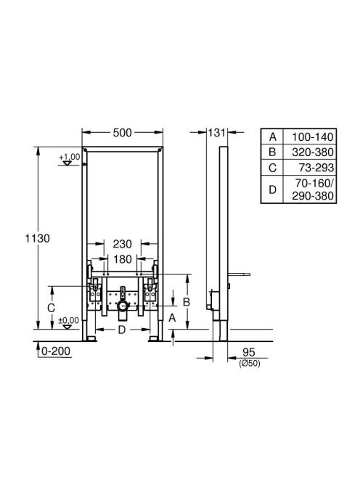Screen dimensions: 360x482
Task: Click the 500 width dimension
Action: point(123,133)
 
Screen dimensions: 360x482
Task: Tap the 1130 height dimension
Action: point(37,238)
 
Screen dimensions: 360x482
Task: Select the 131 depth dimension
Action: point(217,133)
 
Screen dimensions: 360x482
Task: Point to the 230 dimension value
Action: point(123,244)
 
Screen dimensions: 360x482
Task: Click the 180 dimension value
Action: point(123,259)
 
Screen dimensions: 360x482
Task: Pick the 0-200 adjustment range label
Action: point(56,351)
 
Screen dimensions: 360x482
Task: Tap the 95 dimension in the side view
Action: point(249,352)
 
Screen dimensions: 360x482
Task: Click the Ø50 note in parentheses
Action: point(250,364)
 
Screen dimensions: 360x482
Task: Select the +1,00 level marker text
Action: point(70,157)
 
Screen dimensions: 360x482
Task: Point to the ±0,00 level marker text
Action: point(68,321)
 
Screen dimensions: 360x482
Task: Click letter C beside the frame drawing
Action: point(51,308)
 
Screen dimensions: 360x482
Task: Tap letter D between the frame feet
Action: point(122,330)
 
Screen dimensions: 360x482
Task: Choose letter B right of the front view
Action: point(187,302)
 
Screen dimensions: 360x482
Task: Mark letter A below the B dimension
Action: point(172,318)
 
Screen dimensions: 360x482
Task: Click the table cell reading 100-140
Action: point(313,136)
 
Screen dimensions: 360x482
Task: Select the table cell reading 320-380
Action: point(313,152)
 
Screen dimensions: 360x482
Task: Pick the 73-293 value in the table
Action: point(316,168)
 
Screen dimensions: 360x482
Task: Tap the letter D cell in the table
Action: point(272,189)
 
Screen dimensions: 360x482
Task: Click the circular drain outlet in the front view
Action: point(123,306)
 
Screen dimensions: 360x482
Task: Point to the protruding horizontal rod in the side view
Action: point(239,274)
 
